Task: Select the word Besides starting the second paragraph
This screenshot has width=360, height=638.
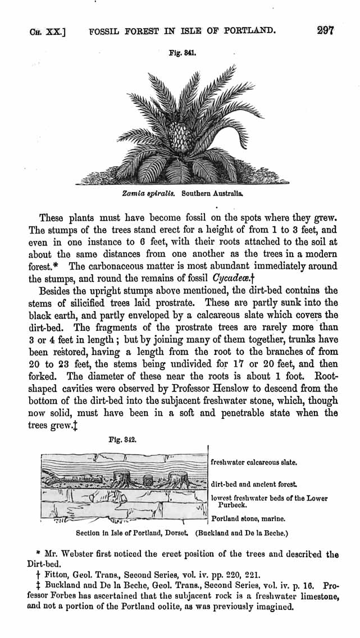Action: pos(58,291)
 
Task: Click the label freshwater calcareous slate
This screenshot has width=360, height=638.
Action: pos(253,463)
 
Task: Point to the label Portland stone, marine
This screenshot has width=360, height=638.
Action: pos(248,519)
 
